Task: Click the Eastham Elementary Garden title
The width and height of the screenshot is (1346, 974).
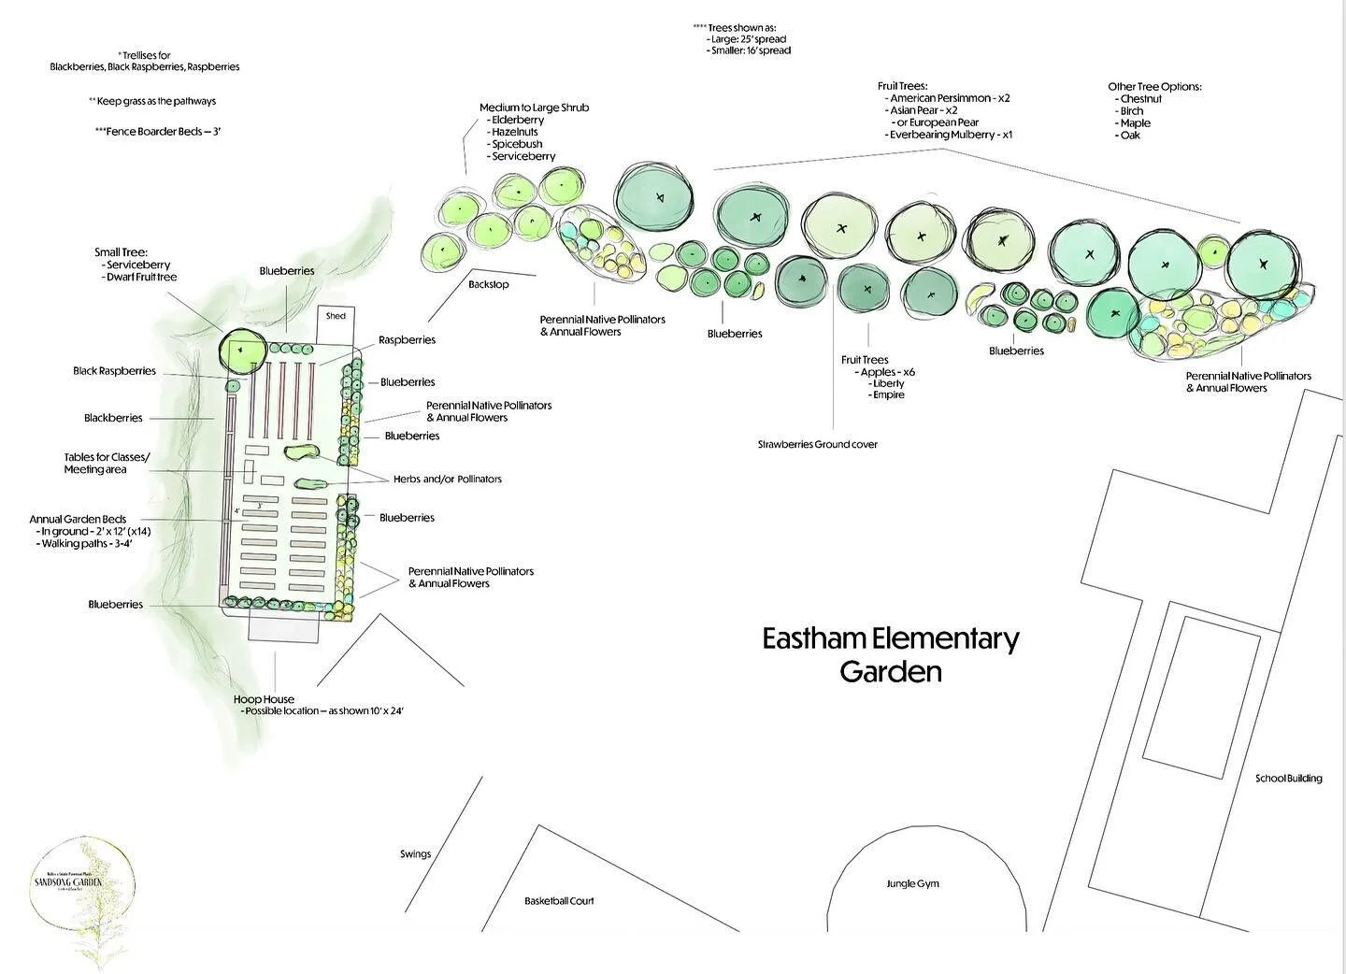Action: click(890, 654)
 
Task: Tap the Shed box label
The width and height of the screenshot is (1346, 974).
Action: click(336, 316)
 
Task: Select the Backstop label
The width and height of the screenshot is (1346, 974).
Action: click(489, 284)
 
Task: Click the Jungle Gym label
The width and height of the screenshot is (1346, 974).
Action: click(912, 883)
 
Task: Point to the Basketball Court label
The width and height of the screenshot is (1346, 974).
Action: click(559, 901)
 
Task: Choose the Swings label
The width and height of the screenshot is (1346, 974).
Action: click(416, 853)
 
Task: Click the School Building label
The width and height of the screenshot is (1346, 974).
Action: click(1288, 779)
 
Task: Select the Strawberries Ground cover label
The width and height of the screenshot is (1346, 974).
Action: click(817, 444)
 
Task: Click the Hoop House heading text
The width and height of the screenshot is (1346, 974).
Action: click(264, 699)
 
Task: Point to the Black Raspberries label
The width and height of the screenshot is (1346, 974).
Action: click(114, 371)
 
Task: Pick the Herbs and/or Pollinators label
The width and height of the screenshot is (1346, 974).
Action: click(447, 479)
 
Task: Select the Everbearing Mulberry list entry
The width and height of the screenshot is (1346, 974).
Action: click(951, 135)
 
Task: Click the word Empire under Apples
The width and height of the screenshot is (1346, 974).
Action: click(888, 394)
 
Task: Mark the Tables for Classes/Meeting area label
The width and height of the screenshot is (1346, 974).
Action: click(106, 463)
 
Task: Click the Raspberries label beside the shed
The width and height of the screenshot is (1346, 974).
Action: click(407, 340)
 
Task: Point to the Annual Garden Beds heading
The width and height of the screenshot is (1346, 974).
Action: click(78, 519)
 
